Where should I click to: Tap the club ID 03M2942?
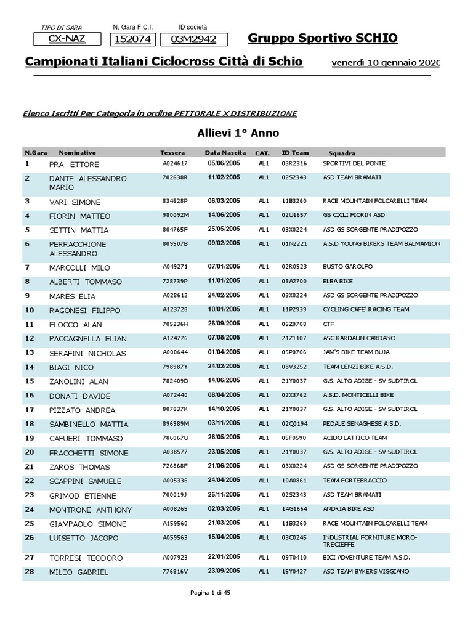tap(194, 40)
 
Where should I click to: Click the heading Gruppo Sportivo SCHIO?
tap(322, 39)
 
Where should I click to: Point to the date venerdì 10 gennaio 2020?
tap(386, 63)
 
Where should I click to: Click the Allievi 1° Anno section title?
tap(238, 132)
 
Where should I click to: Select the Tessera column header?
tap(172, 152)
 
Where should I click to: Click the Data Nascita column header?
tap(225, 152)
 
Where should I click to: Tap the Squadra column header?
tap(342, 153)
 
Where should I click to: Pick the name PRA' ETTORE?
tap(74, 165)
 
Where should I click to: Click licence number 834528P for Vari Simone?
tap(175, 201)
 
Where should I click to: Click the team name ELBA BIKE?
tap(338, 282)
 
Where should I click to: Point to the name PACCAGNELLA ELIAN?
tap(88, 339)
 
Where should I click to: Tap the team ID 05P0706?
tap(294, 352)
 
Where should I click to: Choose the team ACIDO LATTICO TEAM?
tap(355, 438)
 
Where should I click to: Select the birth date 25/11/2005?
tap(224, 494)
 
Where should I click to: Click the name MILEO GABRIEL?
tap(79, 572)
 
